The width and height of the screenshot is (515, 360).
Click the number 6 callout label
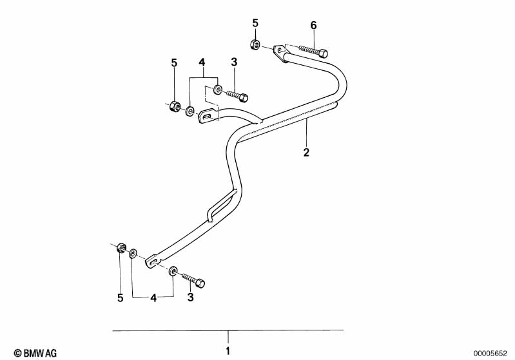tap(314, 25)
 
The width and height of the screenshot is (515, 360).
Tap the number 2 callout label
tap(306, 153)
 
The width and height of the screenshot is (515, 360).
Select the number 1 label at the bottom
tap(227, 352)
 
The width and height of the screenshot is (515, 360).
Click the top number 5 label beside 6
tap(255, 23)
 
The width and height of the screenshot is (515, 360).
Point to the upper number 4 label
tap(202, 62)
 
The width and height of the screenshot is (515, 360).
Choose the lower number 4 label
tap(153, 298)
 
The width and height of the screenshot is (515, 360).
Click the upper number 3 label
tap(234, 62)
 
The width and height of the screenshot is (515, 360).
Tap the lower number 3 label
tap(190, 298)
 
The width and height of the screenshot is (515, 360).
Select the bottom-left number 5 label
tap(120, 298)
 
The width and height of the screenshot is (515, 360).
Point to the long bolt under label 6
tap(313, 50)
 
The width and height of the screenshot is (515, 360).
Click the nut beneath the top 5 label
tap(255, 44)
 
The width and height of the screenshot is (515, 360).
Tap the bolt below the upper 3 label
tap(236, 96)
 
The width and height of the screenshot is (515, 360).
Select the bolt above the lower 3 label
tap(193, 279)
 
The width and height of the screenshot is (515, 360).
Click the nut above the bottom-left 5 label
tap(121, 249)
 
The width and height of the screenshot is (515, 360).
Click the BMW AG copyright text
tap(31, 352)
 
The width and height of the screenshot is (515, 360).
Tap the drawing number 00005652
tap(491, 352)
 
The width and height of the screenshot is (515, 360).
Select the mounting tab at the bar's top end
tap(280, 53)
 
